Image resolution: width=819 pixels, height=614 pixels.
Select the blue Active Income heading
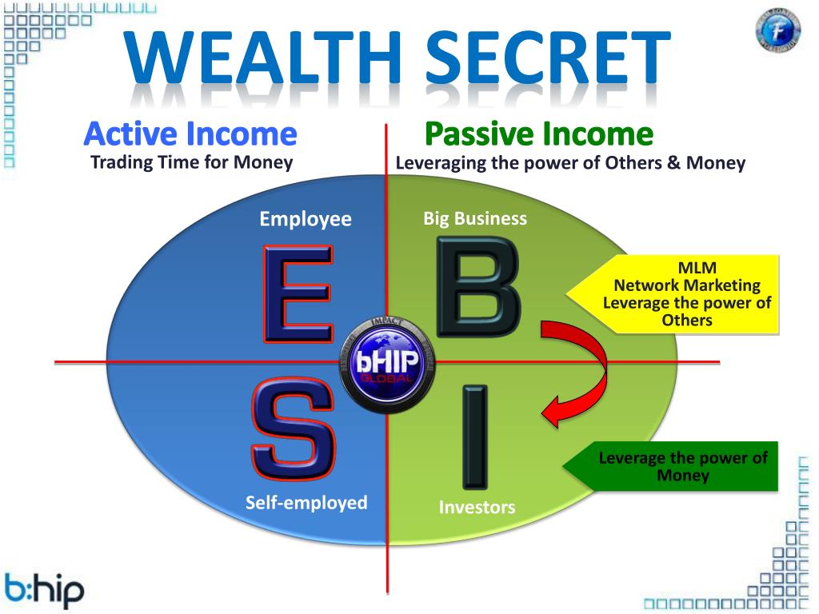[190, 134]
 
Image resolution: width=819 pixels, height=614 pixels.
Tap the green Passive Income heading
[538, 134]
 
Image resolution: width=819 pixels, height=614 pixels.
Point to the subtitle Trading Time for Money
[192, 163]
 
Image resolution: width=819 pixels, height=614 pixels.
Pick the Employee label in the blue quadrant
[306, 219]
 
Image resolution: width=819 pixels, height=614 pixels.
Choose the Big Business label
[475, 218]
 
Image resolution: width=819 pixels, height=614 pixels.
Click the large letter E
[297, 294]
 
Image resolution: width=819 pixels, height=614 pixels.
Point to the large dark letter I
[474, 437]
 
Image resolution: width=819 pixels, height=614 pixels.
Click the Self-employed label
[306, 503]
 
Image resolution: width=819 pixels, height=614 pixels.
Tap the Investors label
[477, 507]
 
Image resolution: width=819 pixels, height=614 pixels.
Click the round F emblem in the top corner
[777, 30]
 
